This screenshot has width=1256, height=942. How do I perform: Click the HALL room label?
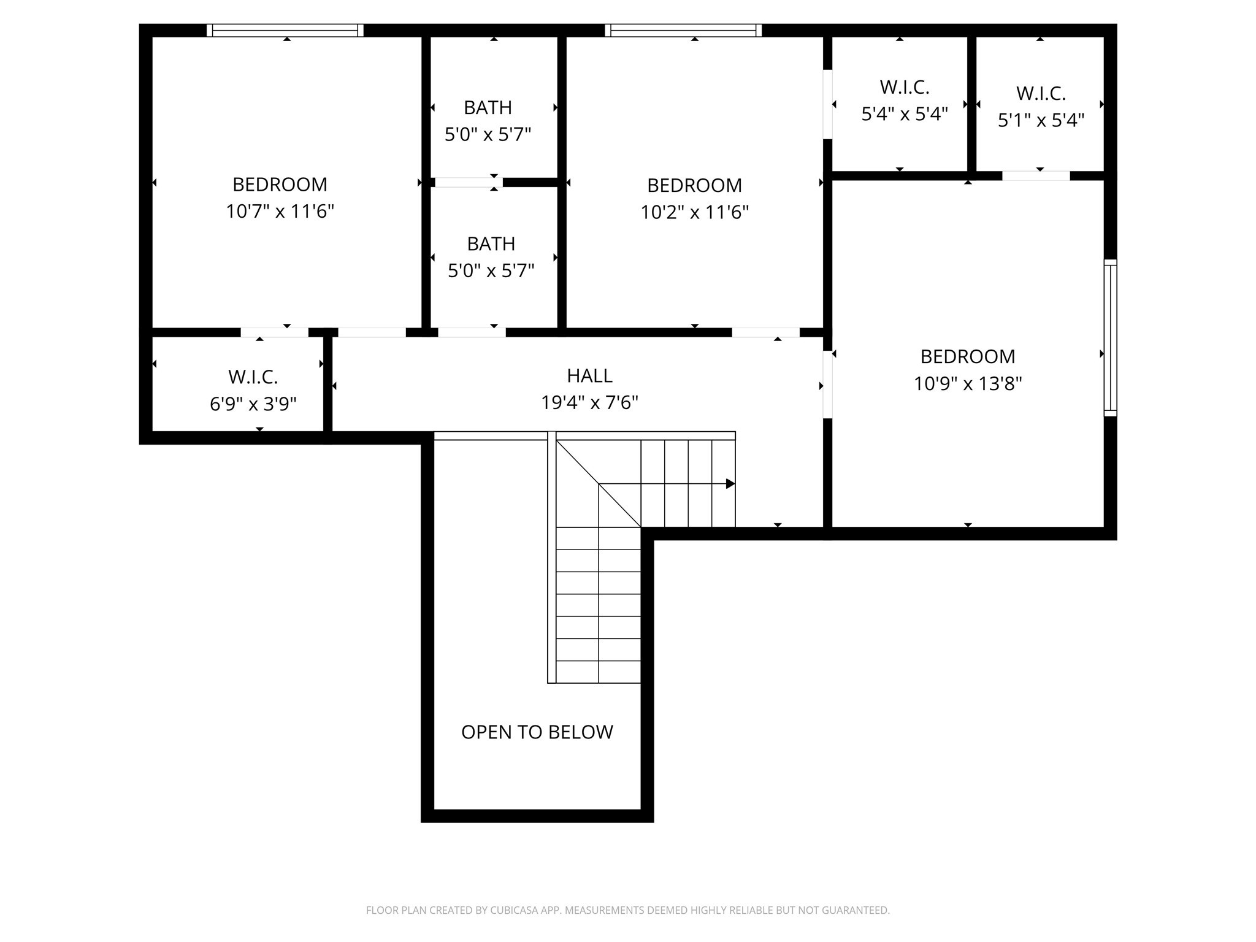click(589, 375)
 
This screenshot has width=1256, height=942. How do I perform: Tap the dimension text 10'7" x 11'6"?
click(280, 212)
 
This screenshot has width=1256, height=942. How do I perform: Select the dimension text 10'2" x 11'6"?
click(694, 212)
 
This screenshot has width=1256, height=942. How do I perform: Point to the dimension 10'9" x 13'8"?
click(967, 384)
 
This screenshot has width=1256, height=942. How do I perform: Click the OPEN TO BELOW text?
click(537, 732)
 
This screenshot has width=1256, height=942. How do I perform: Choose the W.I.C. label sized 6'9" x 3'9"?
click(253, 377)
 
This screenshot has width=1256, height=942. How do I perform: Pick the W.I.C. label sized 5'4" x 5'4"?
click(904, 88)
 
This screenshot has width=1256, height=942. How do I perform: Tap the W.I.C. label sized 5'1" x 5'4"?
click(1040, 94)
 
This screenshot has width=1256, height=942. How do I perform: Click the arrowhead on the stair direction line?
click(730, 484)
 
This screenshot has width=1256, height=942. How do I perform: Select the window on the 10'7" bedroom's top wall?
click(285, 31)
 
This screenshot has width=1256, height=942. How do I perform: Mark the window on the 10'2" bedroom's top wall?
click(683, 31)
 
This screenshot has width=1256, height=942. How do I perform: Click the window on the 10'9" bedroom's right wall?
click(1110, 338)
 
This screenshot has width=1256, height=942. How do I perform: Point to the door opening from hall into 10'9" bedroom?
click(827, 385)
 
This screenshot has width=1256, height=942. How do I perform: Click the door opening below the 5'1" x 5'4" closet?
click(1035, 176)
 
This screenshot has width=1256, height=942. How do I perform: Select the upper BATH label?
click(488, 108)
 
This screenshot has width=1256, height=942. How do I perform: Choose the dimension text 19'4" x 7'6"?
click(589, 403)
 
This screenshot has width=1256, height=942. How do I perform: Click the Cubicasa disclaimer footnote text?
click(627, 910)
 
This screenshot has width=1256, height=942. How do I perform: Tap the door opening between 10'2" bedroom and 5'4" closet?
click(827, 104)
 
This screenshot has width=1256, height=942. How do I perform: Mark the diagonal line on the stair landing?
click(598, 483)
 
